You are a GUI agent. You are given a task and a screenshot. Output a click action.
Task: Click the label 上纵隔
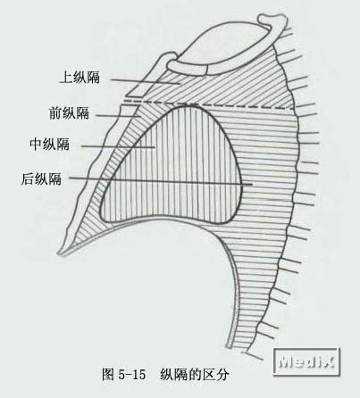[80, 77]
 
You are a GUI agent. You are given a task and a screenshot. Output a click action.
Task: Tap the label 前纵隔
[69, 113]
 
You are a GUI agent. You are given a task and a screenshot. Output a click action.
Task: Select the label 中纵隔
[49, 144]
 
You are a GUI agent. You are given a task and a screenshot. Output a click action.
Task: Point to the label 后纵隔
[41, 179]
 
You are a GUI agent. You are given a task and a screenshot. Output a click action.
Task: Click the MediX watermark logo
[306, 361]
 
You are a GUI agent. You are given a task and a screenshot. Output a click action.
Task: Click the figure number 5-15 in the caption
[132, 375]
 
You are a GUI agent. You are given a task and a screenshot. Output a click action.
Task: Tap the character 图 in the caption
[108, 375]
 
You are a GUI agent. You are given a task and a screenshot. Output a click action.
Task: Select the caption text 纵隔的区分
[195, 375]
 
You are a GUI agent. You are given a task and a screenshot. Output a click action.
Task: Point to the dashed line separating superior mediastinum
[208, 105]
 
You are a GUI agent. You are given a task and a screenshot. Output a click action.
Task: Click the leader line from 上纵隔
[146, 82]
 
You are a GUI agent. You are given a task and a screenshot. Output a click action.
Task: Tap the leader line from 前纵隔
[118, 116]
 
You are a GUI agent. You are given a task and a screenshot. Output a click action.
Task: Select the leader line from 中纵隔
[118, 146]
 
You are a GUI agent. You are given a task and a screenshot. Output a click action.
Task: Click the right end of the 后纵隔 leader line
[252, 185]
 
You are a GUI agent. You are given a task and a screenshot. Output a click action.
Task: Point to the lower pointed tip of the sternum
[60, 254]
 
